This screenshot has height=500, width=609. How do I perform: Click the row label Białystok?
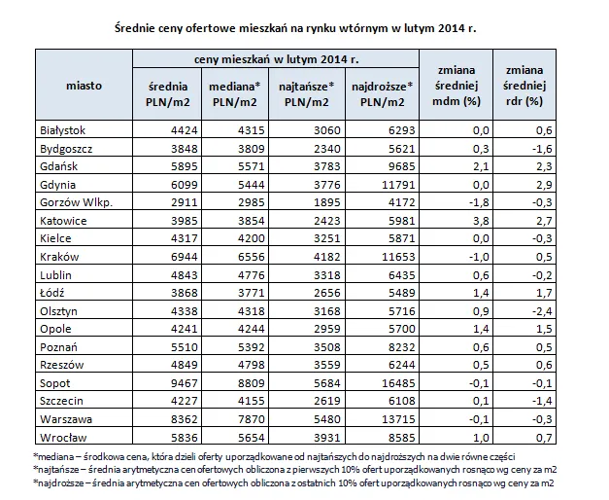[x=62, y=130]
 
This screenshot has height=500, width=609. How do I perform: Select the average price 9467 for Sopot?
[x=185, y=383]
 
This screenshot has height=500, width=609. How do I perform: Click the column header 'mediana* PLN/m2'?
[x=235, y=94]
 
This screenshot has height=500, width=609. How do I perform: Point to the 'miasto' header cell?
[x=84, y=86]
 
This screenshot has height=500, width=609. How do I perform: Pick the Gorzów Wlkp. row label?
[x=76, y=202]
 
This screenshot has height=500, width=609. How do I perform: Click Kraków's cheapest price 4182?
[x=326, y=257]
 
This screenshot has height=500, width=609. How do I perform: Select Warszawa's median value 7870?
[x=251, y=419]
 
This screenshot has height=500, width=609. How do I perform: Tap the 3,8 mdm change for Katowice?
[x=481, y=221]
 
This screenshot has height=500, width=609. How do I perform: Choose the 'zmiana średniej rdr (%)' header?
[x=524, y=86]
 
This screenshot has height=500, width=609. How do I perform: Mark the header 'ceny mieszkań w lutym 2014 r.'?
[x=276, y=59]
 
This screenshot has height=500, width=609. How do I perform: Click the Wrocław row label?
[x=63, y=438]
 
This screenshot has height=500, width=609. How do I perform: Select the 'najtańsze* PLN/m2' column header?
[x=306, y=94]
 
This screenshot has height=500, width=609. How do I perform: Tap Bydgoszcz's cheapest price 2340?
[x=326, y=149]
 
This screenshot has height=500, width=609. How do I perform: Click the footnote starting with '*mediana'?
[x=274, y=456]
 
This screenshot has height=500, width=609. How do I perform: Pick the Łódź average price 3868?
[x=185, y=293]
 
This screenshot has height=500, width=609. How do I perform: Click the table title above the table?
[x=295, y=28]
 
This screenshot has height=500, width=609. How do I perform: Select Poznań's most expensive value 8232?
[x=401, y=347]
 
